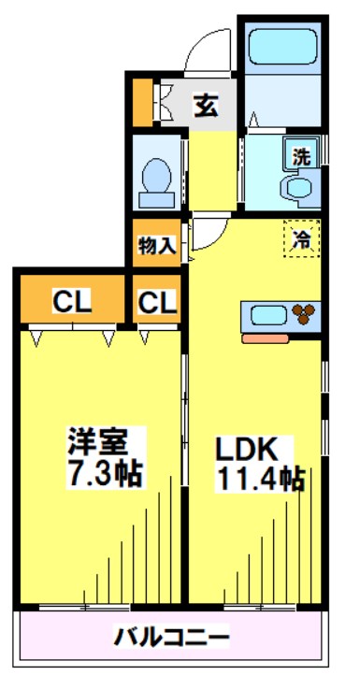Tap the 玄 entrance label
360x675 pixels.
click(206, 107)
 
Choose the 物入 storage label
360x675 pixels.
click(155, 247)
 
